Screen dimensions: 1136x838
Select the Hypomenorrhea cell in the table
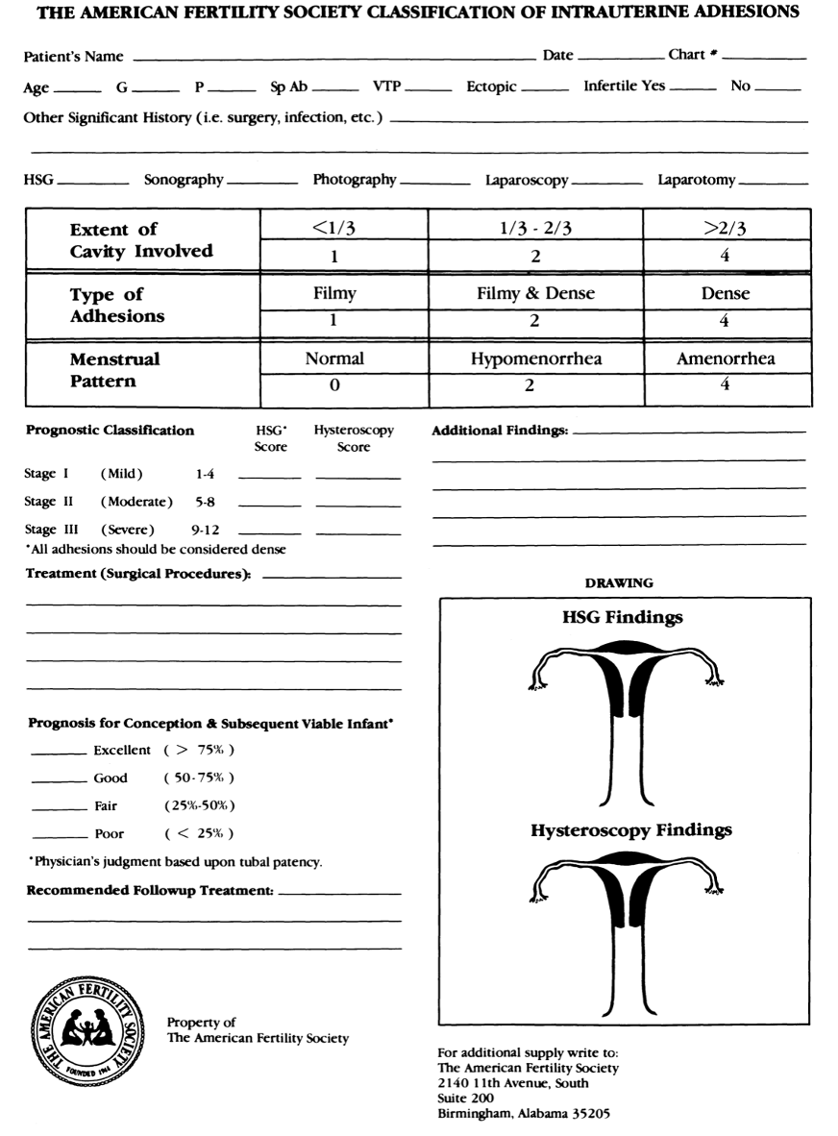pos(535,358)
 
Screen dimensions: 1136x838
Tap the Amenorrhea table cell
pos(727,358)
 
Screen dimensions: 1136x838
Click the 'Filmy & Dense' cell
pos(535,294)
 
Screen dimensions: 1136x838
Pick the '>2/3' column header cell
pos(727,229)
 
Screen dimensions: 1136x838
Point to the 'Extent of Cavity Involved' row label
pos(141,240)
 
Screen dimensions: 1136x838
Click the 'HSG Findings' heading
pos(622,617)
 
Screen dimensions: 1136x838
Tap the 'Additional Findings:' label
pos(499,432)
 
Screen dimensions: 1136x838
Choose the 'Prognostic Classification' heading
pos(109,432)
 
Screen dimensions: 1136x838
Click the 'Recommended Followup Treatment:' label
pos(149,891)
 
